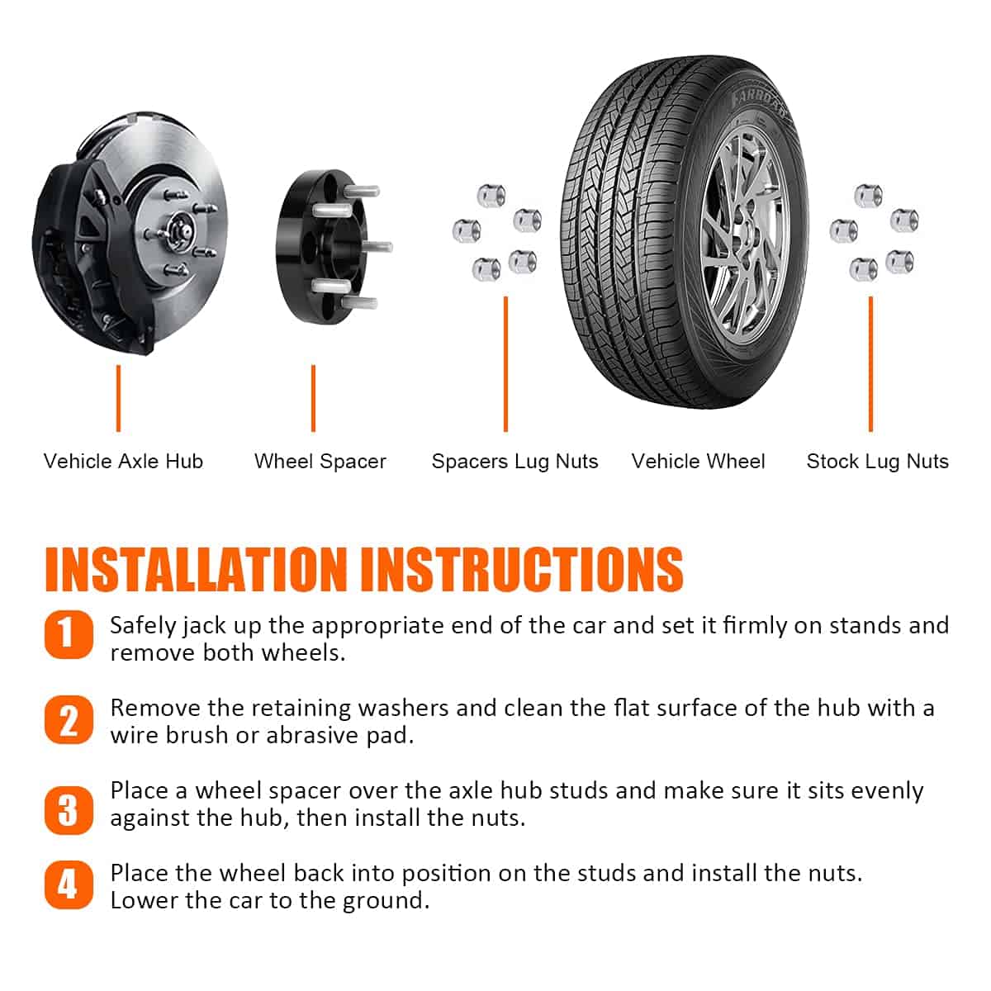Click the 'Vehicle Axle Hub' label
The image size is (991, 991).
pyautogui.click(x=123, y=462)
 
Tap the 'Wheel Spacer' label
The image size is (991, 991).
pyautogui.click(x=320, y=462)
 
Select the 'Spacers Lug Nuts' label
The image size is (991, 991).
pyautogui.click(x=514, y=462)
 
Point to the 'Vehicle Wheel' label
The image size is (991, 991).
pyautogui.click(x=698, y=462)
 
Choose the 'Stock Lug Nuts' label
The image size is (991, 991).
pyautogui.click(x=877, y=462)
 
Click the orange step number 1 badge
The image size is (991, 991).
pyautogui.click(x=69, y=634)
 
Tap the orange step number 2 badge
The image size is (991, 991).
pyautogui.click(x=69, y=720)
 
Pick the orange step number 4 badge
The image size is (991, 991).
pyautogui.click(x=69, y=885)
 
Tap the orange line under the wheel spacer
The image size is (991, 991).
pyautogui.click(x=313, y=399)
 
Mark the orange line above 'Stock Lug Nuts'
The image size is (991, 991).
pyautogui.click(x=870, y=364)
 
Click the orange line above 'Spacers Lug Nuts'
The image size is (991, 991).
pyautogui.click(x=505, y=364)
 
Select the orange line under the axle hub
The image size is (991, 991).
pyautogui.click(x=118, y=399)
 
